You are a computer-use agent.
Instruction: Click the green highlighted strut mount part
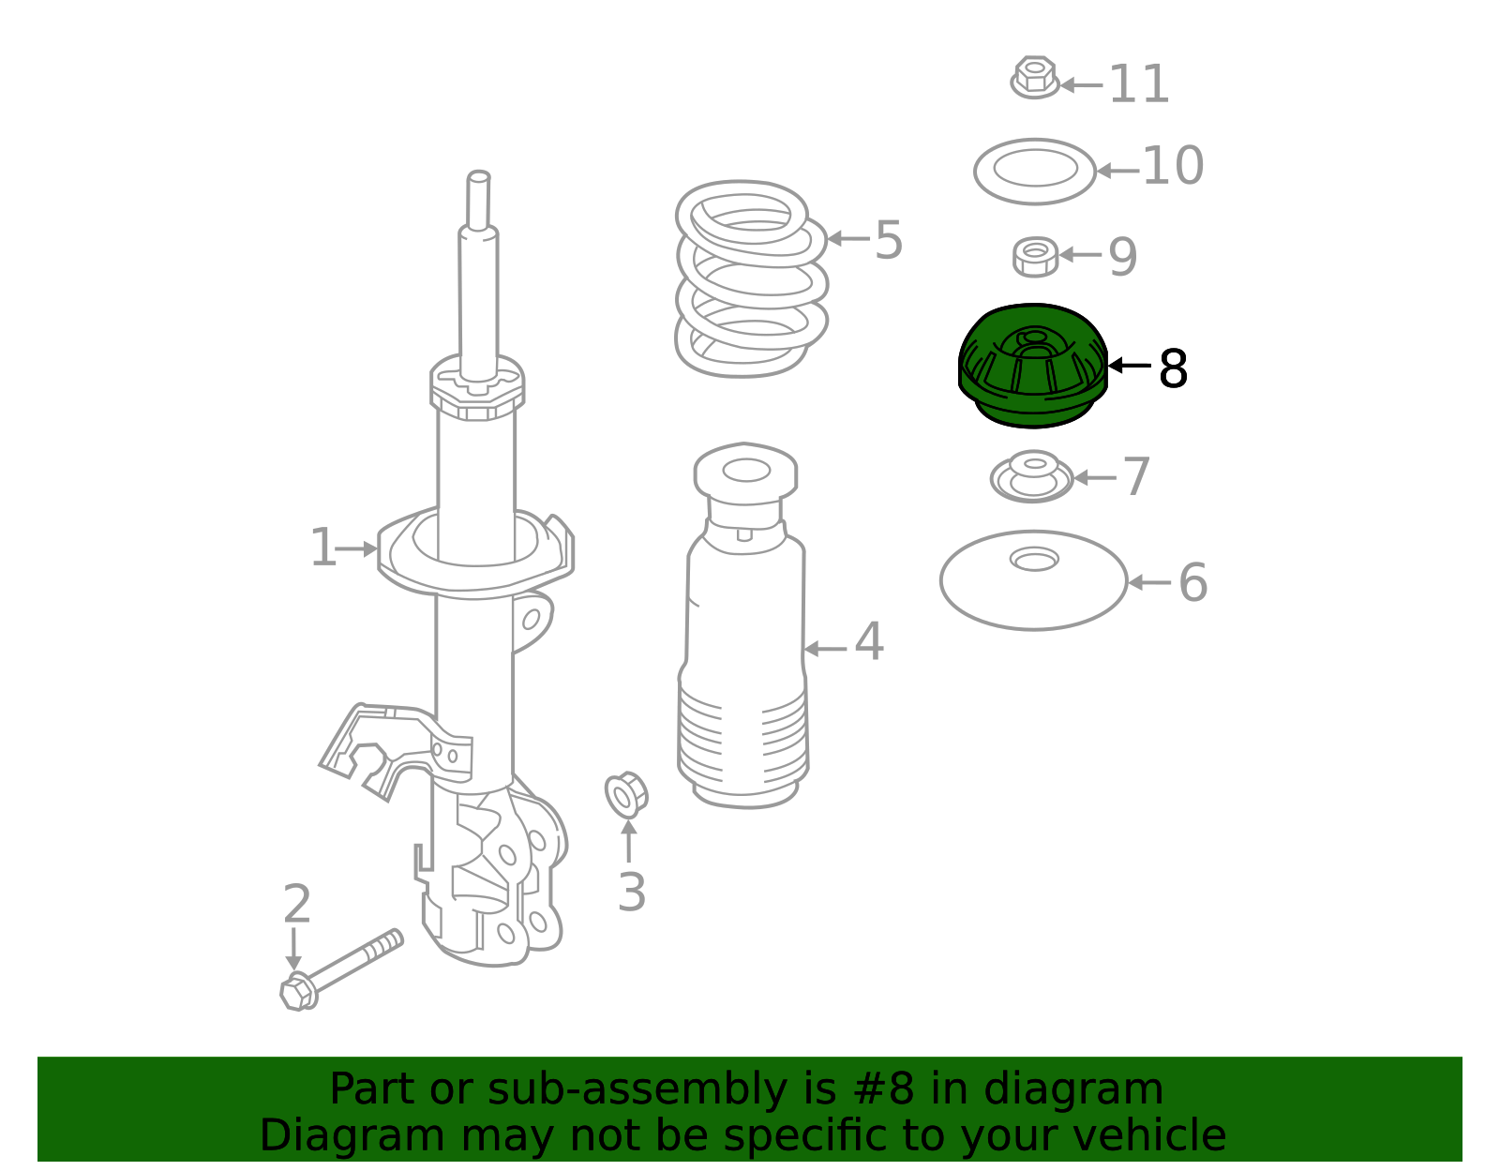click(1033, 366)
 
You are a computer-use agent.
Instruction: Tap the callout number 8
click(1174, 368)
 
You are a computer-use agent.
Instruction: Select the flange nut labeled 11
click(1034, 77)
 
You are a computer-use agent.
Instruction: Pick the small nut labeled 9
click(1035, 257)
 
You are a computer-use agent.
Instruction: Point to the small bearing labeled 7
click(1032, 477)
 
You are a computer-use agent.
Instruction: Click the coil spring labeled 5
click(751, 278)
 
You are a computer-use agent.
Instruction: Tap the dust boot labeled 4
click(744, 625)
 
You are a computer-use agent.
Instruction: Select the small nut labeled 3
click(626, 795)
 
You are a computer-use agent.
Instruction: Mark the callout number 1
click(323, 548)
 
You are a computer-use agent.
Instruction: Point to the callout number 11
click(1139, 84)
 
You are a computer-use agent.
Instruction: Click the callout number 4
click(869, 641)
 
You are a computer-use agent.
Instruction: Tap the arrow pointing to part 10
click(1118, 171)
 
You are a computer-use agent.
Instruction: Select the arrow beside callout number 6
click(1150, 582)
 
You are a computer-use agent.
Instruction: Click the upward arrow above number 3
click(628, 840)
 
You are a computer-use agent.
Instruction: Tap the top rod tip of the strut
click(478, 176)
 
